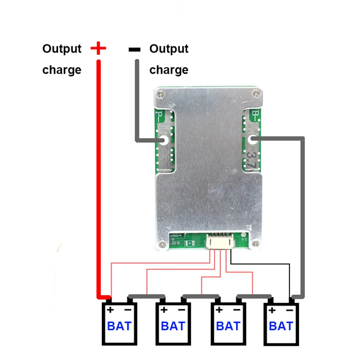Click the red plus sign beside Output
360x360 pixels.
click(x=98, y=48)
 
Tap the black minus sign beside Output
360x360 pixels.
click(x=135, y=49)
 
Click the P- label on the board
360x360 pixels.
click(x=160, y=117)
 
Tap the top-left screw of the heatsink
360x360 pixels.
click(x=160, y=94)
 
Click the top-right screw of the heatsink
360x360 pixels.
click(x=256, y=94)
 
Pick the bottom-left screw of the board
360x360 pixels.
click(x=162, y=244)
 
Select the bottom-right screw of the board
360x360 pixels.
click(x=256, y=243)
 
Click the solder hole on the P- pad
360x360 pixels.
click(x=164, y=140)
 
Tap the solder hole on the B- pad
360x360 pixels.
click(x=252, y=139)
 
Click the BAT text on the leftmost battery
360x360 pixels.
click(x=119, y=326)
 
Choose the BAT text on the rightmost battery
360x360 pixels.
click(x=281, y=326)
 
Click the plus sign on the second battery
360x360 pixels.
click(x=164, y=310)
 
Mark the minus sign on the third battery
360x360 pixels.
click(x=237, y=310)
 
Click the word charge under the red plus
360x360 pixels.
click(x=62, y=70)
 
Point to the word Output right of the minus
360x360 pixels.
click(x=169, y=49)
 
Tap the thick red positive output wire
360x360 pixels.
click(x=99, y=179)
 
